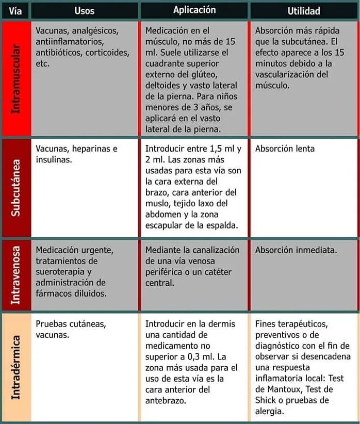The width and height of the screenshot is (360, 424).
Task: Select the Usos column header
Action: pyautogui.click(x=84, y=10)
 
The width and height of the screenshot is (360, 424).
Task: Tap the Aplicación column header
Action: pyautogui.click(x=194, y=10)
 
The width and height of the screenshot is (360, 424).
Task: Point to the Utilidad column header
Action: pyautogui.click(x=304, y=10)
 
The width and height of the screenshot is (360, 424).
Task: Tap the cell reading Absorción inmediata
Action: pyautogui.click(x=296, y=250)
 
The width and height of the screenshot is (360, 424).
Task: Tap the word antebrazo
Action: pyautogui.click(x=166, y=400)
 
